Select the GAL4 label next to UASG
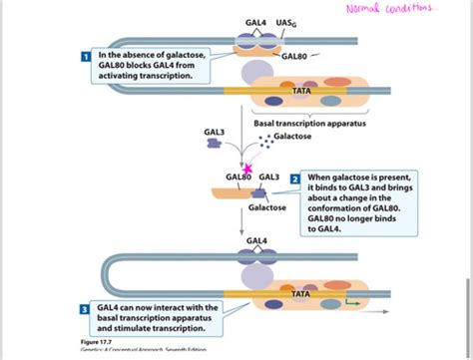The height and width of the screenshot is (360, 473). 255,22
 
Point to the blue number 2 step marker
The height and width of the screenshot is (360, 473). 295,179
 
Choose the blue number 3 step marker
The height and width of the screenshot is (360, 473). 84,310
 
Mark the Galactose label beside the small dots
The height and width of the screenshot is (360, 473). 292,143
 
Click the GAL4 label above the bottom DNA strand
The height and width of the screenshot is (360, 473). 255,240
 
